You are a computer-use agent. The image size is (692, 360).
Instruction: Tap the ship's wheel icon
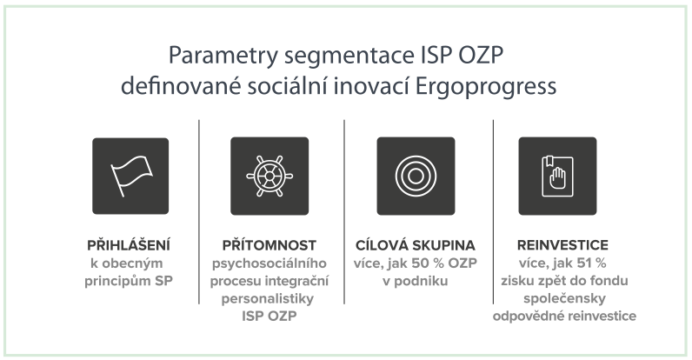click(269, 176)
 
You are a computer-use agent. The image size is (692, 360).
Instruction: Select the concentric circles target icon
click(416, 176)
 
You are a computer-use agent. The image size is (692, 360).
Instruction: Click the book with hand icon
click(557, 176)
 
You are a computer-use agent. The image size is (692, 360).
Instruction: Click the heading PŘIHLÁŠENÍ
click(129, 245)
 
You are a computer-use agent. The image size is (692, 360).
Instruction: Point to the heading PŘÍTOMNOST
click(269, 245)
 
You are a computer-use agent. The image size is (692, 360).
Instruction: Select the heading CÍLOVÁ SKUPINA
click(416, 245)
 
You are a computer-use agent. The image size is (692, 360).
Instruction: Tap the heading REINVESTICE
click(562, 245)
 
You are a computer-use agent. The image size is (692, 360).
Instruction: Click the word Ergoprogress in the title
click(486, 86)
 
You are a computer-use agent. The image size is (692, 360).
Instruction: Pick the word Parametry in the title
click(223, 56)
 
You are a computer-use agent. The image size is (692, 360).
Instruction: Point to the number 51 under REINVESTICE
click(584, 263)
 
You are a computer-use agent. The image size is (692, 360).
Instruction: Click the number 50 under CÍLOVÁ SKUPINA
click(420, 263)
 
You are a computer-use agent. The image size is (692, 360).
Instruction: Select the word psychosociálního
click(269, 263)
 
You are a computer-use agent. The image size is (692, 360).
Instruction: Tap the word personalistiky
click(268, 298)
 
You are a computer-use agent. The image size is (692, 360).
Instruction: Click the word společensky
click(564, 298)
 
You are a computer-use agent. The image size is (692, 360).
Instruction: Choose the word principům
click(117, 281)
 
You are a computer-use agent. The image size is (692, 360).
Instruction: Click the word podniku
click(421, 281)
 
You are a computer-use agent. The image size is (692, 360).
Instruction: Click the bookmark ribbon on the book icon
click(549, 162)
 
